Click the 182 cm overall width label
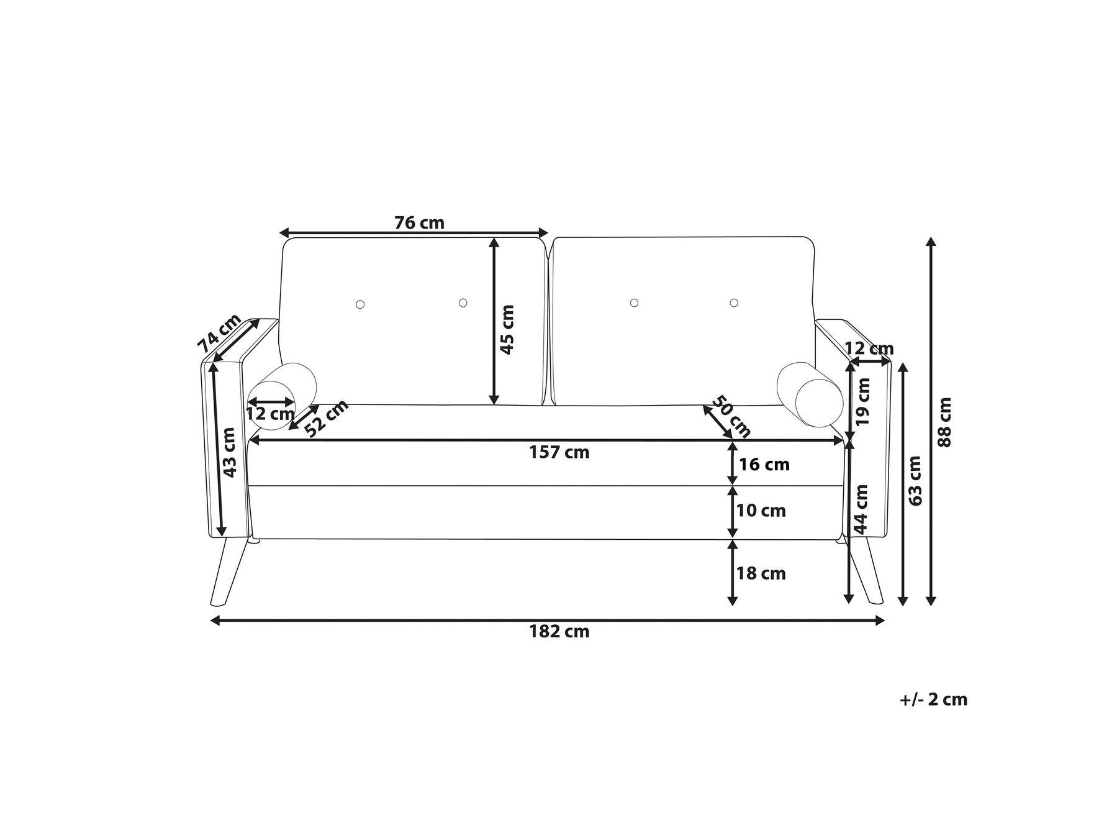559,632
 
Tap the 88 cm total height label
944,422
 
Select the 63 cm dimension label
915,480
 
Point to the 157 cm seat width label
559,452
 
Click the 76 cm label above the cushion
420,222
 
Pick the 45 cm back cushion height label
507,329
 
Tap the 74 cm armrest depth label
219,334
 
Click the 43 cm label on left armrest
229,452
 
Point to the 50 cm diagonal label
730,416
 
